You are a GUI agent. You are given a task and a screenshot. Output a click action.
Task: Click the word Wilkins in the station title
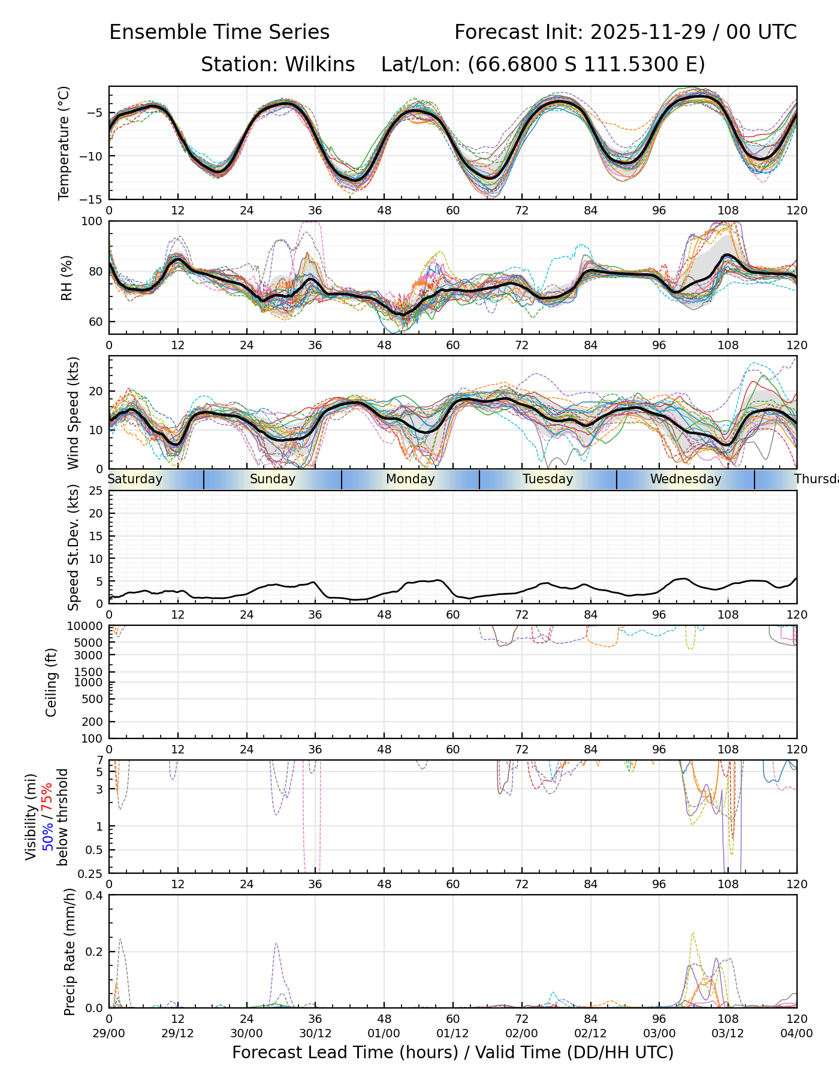pyautogui.click(x=320, y=65)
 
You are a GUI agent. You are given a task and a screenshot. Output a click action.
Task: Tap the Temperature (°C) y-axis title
pyautogui.click(x=64, y=143)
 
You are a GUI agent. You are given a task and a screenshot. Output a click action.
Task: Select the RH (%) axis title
pyautogui.click(x=67, y=277)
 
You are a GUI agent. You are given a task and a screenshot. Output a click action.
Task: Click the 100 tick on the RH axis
pyautogui.click(x=92, y=222)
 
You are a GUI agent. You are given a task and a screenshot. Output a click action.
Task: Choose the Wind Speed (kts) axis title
pyautogui.click(x=73, y=413)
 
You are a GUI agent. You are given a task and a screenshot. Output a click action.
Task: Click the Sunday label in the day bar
pyautogui.click(x=273, y=479)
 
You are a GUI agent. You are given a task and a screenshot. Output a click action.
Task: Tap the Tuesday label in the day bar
pyautogui.click(x=548, y=479)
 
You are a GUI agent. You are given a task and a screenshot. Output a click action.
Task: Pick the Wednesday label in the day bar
pyautogui.click(x=686, y=479)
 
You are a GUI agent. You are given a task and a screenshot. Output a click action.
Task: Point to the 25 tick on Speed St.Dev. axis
pyautogui.click(x=96, y=491)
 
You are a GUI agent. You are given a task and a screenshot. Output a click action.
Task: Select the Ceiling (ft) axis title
pyautogui.click(x=52, y=682)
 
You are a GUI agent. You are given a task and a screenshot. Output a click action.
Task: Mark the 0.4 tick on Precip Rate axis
pyautogui.click(x=95, y=895)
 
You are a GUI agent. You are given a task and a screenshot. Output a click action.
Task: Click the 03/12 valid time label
pyautogui.click(x=728, y=1034)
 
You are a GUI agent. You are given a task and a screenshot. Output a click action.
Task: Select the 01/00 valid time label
pyautogui.click(x=384, y=1034)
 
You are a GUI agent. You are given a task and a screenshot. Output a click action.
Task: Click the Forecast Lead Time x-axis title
pyautogui.click(x=452, y=1053)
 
